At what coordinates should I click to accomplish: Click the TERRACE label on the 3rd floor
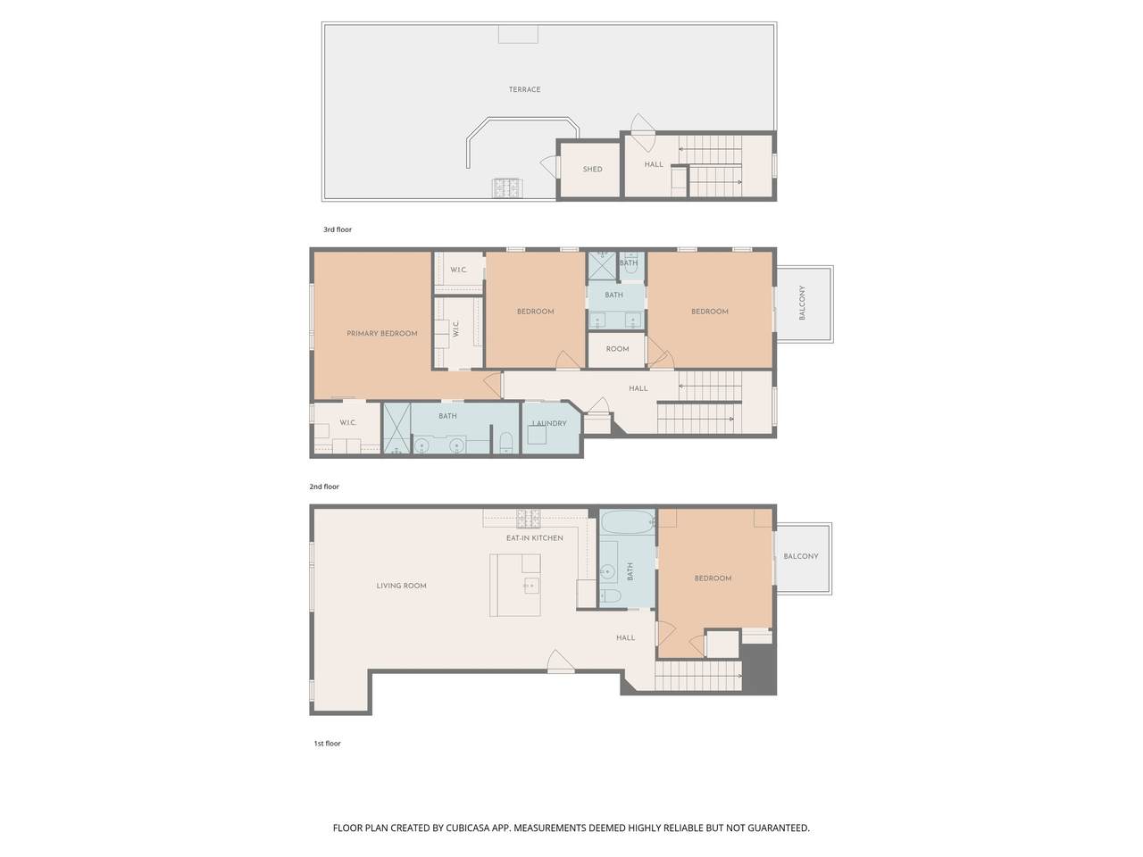point(524,89)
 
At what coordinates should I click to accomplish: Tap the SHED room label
point(592,169)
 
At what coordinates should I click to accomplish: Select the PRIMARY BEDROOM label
point(381,334)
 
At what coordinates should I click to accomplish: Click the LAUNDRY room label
point(549,423)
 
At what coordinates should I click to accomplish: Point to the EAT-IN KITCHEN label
point(535,538)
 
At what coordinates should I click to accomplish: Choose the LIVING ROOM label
point(401,586)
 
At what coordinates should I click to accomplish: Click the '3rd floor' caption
point(338,229)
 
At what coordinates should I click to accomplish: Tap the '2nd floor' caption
point(324,487)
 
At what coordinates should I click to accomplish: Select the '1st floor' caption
point(327,744)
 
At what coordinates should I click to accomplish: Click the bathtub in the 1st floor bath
point(627,521)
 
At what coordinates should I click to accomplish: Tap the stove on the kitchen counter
point(528,519)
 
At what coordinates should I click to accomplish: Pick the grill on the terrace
point(508,187)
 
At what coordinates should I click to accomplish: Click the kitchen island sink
point(531,586)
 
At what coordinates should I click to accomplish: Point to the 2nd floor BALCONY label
point(802,303)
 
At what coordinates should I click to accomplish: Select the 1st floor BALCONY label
point(801,556)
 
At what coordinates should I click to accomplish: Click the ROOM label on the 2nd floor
point(617,349)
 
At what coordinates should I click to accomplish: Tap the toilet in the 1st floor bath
point(610,596)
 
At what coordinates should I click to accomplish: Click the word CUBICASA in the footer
point(469,828)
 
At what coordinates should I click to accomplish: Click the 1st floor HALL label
point(625,637)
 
